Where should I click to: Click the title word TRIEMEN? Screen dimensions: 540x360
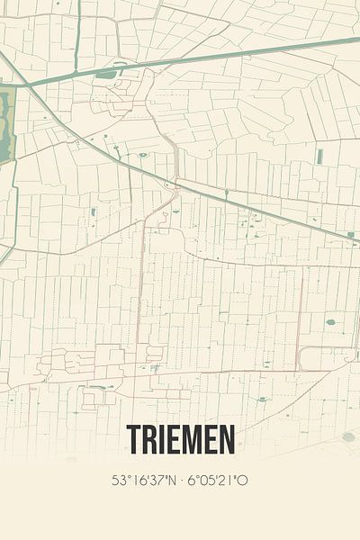click(180, 439)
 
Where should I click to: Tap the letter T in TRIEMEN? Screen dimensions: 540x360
click(134, 439)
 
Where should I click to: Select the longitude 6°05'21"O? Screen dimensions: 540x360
click(219, 481)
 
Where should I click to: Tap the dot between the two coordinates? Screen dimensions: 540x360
click(182, 481)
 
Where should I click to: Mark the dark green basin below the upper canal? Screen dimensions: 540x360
click(106, 74)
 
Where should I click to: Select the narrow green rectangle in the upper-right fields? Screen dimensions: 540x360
click(319, 157)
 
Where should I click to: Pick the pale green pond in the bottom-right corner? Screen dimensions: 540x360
click(348, 436)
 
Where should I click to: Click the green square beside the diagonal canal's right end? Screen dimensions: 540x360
click(350, 234)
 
